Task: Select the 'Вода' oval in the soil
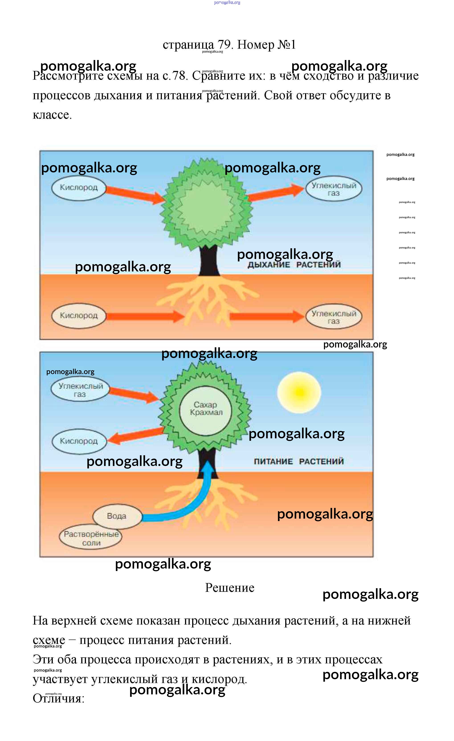pos(117,516)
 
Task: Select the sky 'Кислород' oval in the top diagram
pos(79,188)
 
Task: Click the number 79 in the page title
pos(224,45)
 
